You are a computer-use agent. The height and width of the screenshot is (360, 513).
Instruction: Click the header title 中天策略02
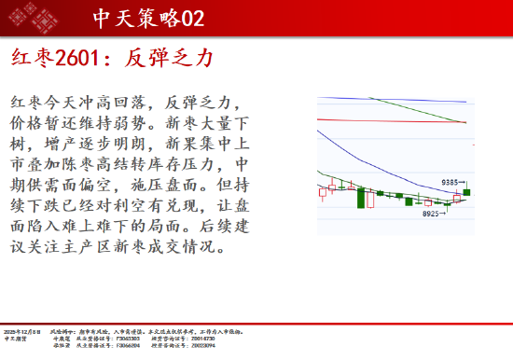pos(149,18)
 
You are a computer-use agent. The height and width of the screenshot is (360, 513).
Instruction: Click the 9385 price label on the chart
pos(452,183)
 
